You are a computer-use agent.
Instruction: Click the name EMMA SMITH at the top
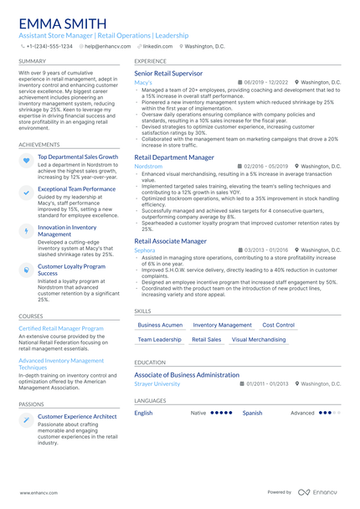pyautogui.click(x=62, y=23)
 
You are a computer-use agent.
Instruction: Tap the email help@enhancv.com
pyautogui.click(x=102, y=46)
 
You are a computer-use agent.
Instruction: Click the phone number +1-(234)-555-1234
pyautogui.click(x=49, y=46)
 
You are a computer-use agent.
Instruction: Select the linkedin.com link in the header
pyautogui.click(x=155, y=46)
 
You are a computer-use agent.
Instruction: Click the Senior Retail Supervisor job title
pyautogui.click(x=173, y=74)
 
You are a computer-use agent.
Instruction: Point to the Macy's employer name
pyautogui.click(x=143, y=83)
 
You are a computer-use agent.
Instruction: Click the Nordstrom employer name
pyautogui.click(x=148, y=167)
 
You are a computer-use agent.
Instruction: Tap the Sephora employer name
pyautogui.click(x=144, y=249)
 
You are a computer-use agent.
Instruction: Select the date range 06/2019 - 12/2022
pyautogui.click(x=265, y=83)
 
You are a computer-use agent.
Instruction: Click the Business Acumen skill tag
pyautogui.click(x=160, y=325)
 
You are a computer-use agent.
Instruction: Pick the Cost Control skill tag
pyautogui.click(x=278, y=325)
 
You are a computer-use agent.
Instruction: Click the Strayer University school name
pyautogui.click(x=157, y=383)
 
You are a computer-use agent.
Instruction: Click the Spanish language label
pyautogui.click(x=252, y=413)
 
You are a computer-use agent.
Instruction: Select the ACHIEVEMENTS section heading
pyautogui.click(x=39, y=144)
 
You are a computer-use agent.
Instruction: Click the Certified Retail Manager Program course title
pyautogui.click(x=61, y=329)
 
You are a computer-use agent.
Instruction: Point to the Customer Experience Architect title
pyautogui.click(x=77, y=416)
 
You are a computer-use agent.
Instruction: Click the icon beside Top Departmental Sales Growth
pyautogui.click(x=27, y=160)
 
